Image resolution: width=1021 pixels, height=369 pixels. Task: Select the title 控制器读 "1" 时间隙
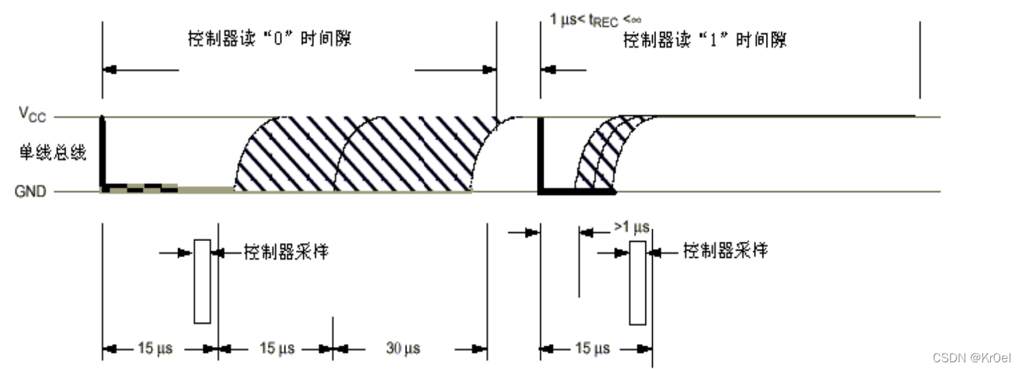coord(704,41)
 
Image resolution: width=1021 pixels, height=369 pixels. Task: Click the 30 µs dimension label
coord(403,349)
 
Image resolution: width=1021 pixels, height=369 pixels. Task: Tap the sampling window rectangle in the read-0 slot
coord(202,281)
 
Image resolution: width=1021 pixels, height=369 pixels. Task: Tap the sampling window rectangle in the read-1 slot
coord(637,283)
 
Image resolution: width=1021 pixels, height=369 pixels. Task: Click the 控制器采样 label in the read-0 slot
coord(286,252)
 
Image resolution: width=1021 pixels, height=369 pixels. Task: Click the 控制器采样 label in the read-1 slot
coord(725,252)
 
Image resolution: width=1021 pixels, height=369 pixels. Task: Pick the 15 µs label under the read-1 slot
coord(593,349)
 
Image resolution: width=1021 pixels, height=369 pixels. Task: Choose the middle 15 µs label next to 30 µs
coord(277,349)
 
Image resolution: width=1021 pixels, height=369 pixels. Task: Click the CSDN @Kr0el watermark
coord(971,357)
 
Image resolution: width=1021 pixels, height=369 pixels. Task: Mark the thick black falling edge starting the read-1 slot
coord(540,155)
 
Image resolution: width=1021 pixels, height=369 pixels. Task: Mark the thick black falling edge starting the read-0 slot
coord(102,153)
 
